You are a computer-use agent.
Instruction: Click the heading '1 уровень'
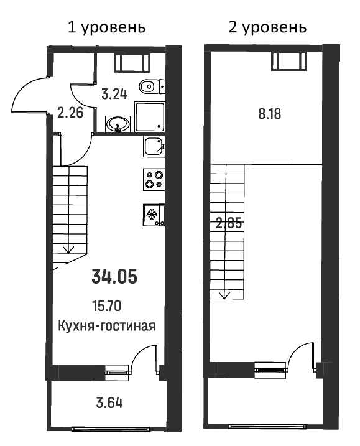[x=106, y=27]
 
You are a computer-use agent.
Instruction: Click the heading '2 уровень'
[x=269, y=27]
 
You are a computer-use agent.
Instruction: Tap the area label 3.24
[x=114, y=95]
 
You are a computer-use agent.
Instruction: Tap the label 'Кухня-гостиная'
[x=106, y=325]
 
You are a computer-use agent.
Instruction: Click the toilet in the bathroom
[x=150, y=86]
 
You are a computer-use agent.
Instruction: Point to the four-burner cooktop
[x=154, y=179]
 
